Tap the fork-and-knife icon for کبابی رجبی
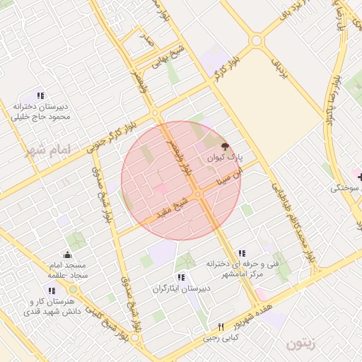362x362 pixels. click(x=221, y=327)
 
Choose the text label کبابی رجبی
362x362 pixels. click(x=221, y=338)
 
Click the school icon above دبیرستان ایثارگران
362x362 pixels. click(x=181, y=277)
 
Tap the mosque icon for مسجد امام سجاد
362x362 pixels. click(x=67, y=255)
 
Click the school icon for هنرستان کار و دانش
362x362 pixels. click(x=52, y=290)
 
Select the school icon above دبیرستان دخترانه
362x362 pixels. click(x=40, y=95)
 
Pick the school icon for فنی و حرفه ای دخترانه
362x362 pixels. click(x=242, y=253)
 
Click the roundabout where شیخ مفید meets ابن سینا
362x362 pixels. click(x=199, y=194)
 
